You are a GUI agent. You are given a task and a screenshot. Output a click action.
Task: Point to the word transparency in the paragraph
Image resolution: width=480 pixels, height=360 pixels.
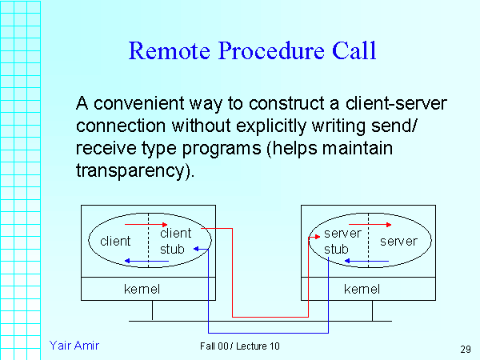pyautogui.click(x=134, y=171)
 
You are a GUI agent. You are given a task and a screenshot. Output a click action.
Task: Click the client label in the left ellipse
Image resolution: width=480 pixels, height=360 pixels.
pyautogui.click(x=115, y=241)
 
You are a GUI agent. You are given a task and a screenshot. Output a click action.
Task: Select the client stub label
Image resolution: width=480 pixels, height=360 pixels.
pyautogui.click(x=175, y=241)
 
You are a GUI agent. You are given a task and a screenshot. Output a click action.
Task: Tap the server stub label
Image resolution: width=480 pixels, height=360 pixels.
pyautogui.click(x=342, y=241)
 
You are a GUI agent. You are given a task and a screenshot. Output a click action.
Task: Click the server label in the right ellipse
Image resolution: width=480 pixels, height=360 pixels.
pyautogui.click(x=398, y=241)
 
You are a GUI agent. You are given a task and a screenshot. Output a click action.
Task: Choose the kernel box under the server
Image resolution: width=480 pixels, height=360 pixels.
pyautogui.click(x=362, y=288)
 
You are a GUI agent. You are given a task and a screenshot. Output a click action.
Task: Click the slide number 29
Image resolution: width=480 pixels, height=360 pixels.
pyautogui.click(x=466, y=349)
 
